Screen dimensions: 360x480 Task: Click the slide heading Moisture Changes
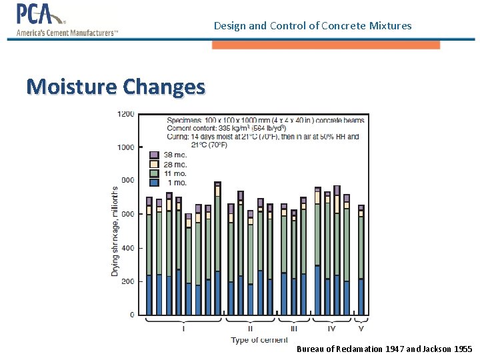click(x=116, y=87)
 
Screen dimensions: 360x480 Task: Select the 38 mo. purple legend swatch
click(x=154, y=155)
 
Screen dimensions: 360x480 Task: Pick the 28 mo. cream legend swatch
click(x=154, y=164)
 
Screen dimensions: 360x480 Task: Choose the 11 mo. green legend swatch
click(x=154, y=173)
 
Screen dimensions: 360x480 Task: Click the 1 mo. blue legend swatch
click(x=154, y=182)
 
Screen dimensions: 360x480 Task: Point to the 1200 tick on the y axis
click(x=126, y=114)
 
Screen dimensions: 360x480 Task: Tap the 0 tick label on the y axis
click(x=131, y=315)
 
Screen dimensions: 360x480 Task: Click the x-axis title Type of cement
click(x=259, y=340)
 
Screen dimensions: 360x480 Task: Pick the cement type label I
click(x=183, y=328)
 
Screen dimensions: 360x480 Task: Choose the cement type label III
click(x=293, y=328)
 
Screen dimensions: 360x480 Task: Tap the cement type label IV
click(x=331, y=328)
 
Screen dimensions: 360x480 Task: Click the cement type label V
click(x=361, y=328)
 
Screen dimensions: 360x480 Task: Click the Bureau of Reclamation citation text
click(x=384, y=349)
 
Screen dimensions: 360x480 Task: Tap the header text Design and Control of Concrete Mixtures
click(x=313, y=26)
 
